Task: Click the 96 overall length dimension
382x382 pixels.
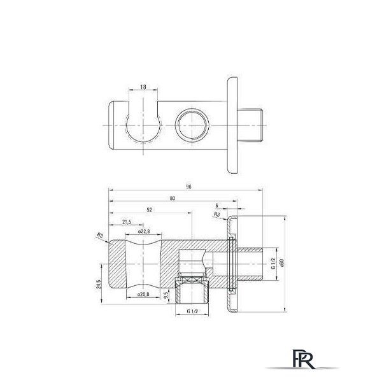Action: pos(188,187)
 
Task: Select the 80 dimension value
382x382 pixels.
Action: pos(173,198)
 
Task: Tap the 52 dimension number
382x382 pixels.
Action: pos(150,209)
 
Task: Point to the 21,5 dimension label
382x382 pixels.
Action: pos(127,222)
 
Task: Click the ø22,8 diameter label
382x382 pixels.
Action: pos(144,232)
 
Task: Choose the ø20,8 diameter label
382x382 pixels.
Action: pos(143,295)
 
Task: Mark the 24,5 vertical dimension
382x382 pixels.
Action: pos(99,285)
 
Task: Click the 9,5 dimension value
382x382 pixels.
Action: pos(166,295)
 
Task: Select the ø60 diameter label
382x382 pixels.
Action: pos(282,263)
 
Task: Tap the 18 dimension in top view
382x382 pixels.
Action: pos(143,87)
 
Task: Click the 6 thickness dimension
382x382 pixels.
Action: pos(217,206)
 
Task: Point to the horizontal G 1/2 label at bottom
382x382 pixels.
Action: pos(192,311)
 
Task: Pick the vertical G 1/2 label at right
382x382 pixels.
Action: pos(273,264)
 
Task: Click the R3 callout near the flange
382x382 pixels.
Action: pos(216,215)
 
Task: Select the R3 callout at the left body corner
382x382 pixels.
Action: pos(100,236)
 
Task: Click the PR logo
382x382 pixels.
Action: pos(302,358)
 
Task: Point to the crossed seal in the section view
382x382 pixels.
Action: pos(192,280)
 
